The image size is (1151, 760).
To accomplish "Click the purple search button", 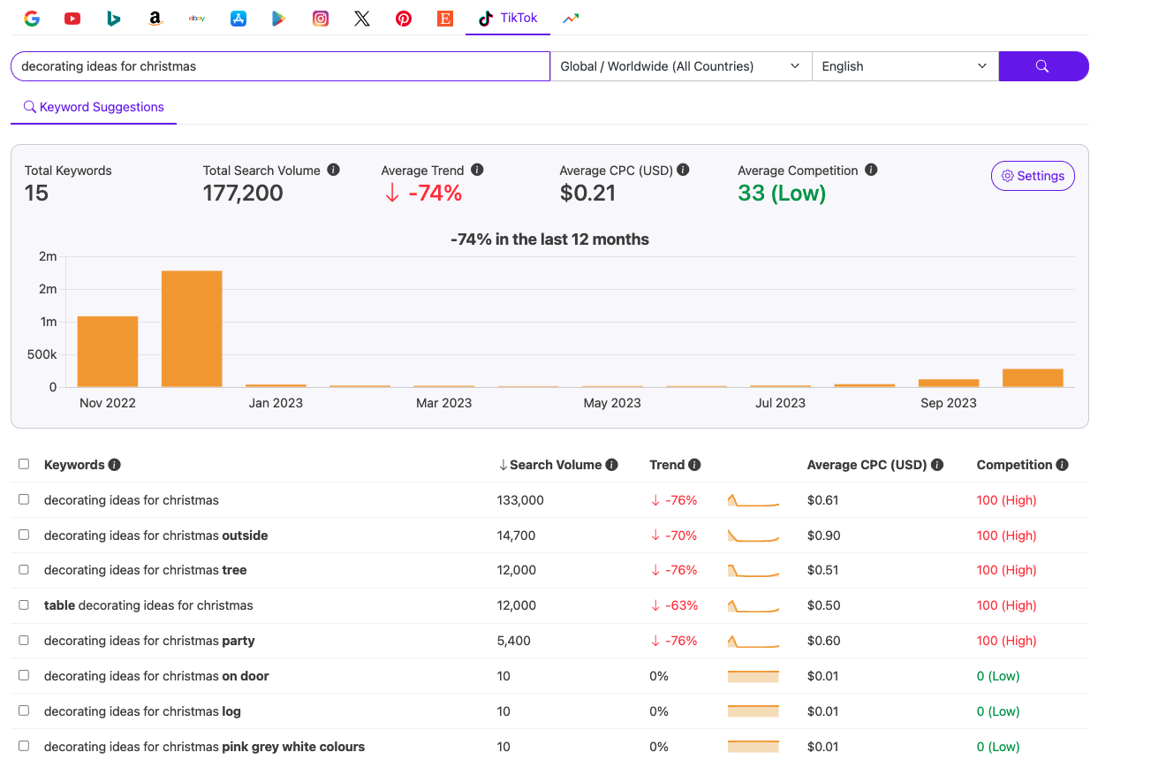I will (1042, 66).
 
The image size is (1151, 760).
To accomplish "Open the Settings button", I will (1032, 176).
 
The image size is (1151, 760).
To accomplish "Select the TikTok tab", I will (508, 18).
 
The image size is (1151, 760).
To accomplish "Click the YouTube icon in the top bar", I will (72, 19).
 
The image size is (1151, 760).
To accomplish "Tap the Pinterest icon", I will (404, 19).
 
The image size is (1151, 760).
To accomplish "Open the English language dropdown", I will (904, 66).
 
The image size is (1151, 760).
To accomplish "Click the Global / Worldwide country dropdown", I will (680, 66).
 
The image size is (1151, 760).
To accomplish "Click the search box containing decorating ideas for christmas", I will (280, 66).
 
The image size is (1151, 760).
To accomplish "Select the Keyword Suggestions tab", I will (94, 107).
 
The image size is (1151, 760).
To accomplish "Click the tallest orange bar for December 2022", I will (192, 329).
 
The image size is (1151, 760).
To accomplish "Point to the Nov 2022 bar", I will (108, 351).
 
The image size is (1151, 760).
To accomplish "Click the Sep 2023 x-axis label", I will (948, 403).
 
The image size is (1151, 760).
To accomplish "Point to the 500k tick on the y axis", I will (42, 354).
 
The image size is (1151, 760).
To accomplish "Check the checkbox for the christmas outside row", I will (24, 535).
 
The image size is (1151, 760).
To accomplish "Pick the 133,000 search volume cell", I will (520, 500).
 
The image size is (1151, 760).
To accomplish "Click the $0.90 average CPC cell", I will (823, 536).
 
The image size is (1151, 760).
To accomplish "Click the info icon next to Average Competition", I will (871, 170).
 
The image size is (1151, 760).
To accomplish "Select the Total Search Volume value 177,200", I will (243, 193).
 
